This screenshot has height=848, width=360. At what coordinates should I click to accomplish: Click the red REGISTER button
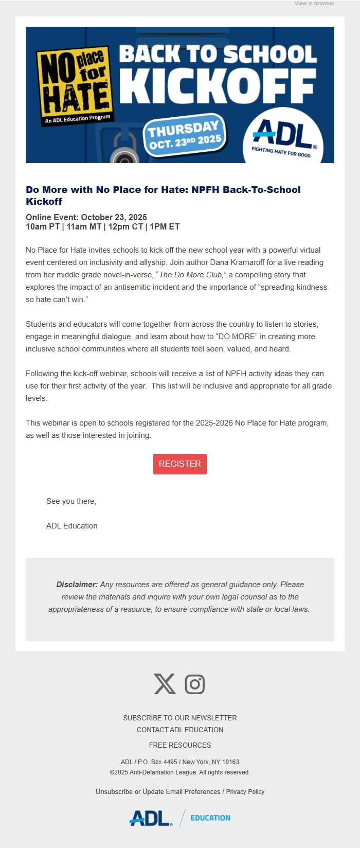[180, 464]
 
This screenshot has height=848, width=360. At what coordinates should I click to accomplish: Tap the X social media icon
[165, 684]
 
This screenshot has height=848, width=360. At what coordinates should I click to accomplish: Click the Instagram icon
[195, 684]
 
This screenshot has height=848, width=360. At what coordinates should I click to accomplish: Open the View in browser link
[314, 4]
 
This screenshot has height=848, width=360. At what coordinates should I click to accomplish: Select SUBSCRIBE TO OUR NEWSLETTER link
[180, 718]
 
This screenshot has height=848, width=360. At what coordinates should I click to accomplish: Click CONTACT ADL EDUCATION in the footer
[180, 730]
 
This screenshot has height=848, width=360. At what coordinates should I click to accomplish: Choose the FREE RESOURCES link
[180, 745]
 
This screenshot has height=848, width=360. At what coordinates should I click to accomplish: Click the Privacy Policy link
[245, 791]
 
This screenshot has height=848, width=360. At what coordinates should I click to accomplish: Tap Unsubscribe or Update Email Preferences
[158, 791]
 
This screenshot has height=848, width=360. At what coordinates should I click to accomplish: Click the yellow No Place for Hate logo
[74, 82]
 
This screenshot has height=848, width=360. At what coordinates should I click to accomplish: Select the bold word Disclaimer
[77, 585]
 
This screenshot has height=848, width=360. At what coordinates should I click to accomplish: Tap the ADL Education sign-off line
[72, 526]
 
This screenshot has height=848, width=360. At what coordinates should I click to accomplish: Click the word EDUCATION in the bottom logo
[210, 818]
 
